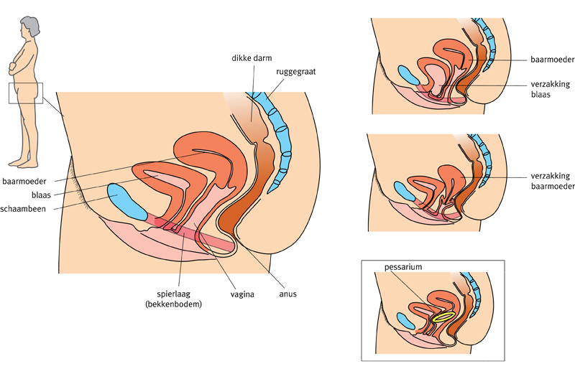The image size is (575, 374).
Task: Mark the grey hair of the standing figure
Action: coord(24,24)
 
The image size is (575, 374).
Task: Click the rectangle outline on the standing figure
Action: coord(25,93)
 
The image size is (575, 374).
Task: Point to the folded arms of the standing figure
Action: coord(16,68)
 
